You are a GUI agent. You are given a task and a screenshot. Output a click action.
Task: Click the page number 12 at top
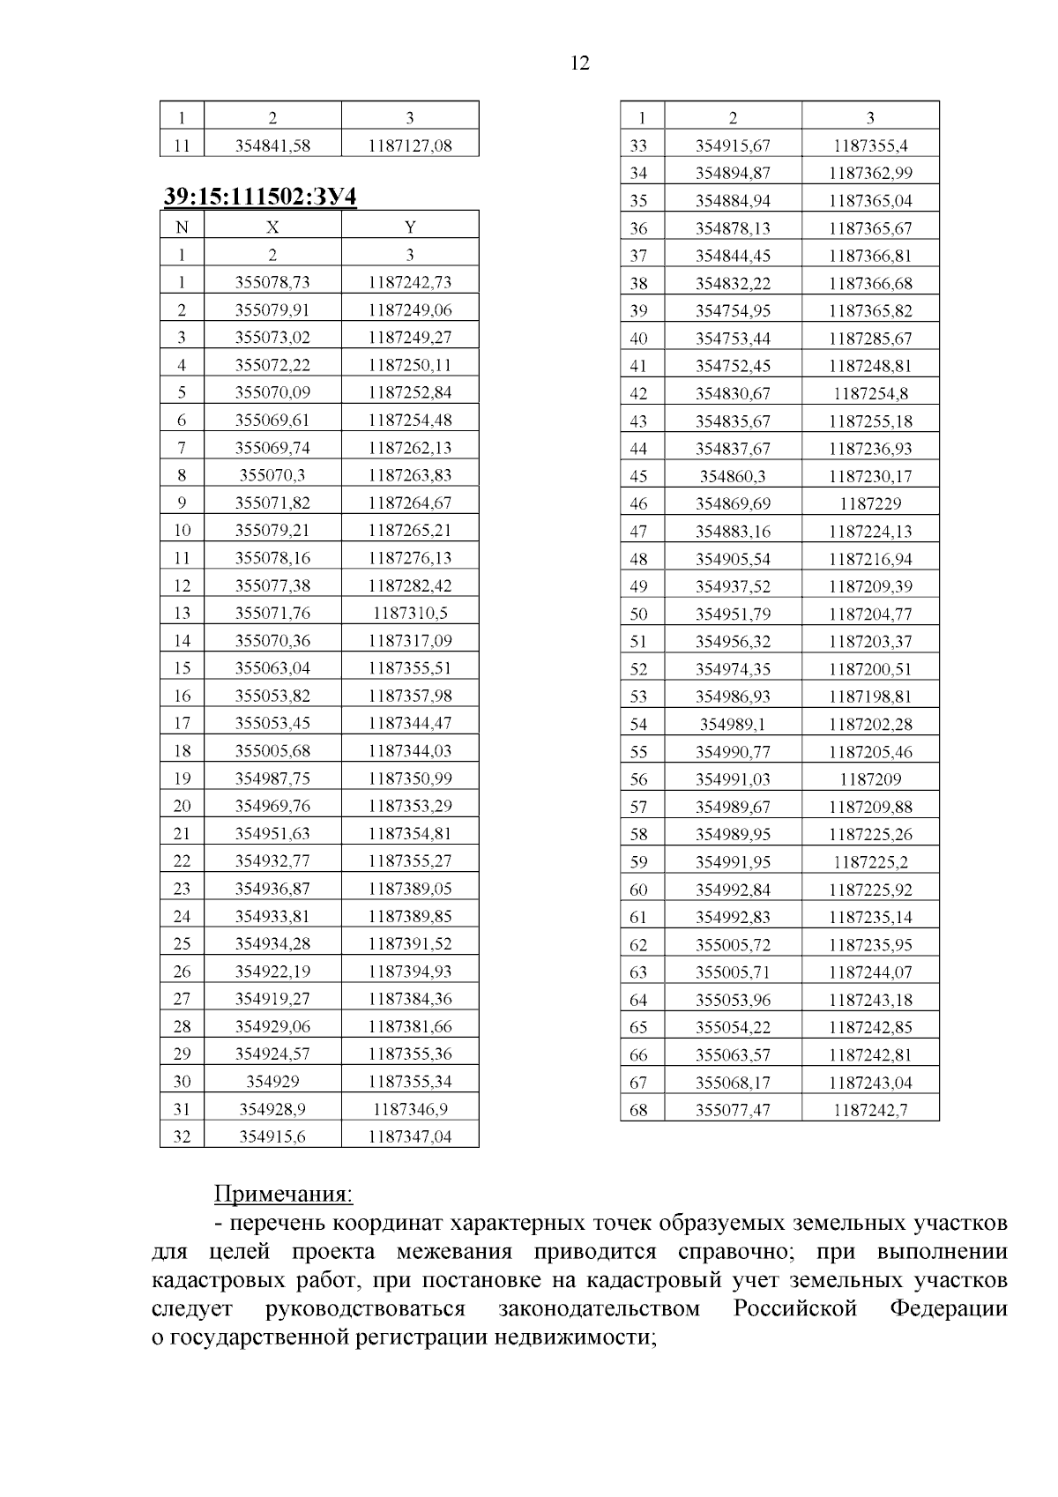(x=579, y=63)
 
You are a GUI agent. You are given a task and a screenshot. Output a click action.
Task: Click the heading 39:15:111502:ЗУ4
(x=260, y=196)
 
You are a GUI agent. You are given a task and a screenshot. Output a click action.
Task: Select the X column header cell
(x=272, y=227)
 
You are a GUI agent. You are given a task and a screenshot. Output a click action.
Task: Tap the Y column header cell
(x=410, y=227)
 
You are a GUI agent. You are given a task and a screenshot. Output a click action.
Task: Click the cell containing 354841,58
(x=272, y=145)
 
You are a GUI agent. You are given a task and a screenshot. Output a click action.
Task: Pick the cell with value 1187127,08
(x=410, y=145)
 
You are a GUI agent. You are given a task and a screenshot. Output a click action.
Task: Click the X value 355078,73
(x=272, y=282)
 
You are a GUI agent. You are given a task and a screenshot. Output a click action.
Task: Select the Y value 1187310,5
(x=410, y=613)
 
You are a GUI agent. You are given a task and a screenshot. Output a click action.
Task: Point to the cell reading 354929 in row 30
(x=272, y=1082)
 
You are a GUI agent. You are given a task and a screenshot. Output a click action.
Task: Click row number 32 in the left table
(x=182, y=1136)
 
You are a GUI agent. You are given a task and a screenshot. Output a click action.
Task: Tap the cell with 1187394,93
(x=410, y=972)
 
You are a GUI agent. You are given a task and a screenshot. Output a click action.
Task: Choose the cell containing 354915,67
(x=733, y=145)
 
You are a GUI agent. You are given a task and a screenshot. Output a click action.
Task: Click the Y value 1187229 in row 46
(x=870, y=504)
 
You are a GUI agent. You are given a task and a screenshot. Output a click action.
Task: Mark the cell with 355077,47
(x=733, y=1110)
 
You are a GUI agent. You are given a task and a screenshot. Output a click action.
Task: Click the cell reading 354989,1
(x=733, y=725)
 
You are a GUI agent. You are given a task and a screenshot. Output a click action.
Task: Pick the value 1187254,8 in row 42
(x=870, y=394)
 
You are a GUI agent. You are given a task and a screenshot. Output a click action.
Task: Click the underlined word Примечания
(x=283, y=1195)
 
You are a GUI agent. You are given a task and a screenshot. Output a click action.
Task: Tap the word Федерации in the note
(x=948, y=1308)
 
